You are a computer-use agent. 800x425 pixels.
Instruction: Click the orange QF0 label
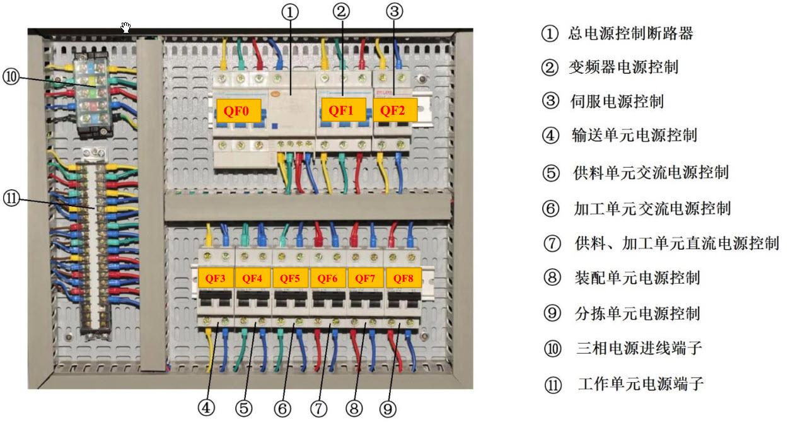[x=238, y=111]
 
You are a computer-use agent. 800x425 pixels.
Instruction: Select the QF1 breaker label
[x=340, y=111]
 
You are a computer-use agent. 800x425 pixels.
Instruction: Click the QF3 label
[x=216, y=278]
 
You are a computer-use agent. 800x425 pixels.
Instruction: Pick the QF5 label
[x=290, y=278]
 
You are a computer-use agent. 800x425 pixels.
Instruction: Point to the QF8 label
[x=403, y=278]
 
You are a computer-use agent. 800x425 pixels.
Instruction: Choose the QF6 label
[x=327, y=278]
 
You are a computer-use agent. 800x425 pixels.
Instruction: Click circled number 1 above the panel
[x=290, y=13]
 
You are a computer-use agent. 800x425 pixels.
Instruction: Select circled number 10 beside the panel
[x=11, y=78]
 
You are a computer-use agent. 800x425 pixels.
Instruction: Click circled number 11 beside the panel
[x=11, y=199]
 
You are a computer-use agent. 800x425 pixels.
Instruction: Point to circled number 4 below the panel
[x=206, y=408]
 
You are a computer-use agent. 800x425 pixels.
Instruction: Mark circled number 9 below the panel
[x=388, y=409]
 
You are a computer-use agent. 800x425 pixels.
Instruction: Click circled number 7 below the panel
[x=319, y=409]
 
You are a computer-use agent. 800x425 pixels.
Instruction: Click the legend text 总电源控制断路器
[x=630, y=34]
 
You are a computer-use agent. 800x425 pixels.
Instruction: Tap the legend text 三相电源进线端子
[x=639, y=348]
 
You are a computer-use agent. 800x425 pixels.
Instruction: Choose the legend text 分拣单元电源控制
[x=637, y=313]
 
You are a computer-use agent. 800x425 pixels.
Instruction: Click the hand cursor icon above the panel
[x=126, y=26]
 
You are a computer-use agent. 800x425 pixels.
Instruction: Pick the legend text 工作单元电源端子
[x=640, y=383]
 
